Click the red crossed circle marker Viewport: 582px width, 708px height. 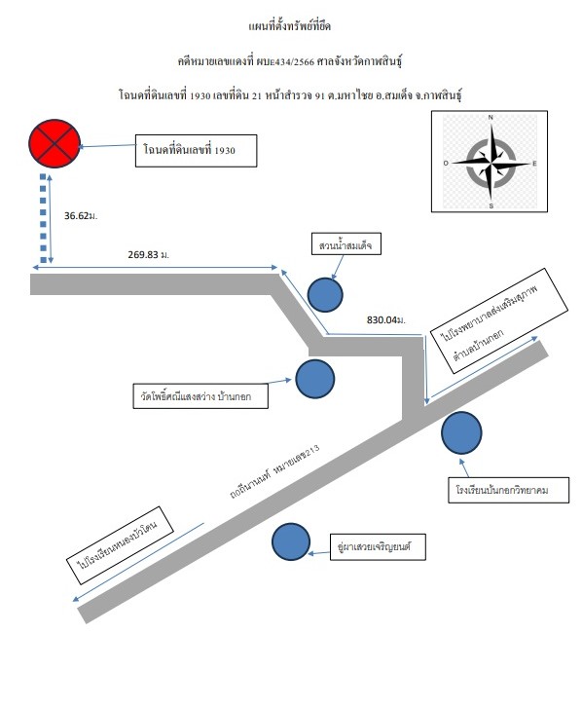55,143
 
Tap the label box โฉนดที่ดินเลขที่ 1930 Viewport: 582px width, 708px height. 197,150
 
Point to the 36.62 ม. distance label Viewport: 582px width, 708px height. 81,216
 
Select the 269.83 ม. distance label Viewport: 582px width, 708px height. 149,254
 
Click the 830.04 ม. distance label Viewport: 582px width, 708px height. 386,320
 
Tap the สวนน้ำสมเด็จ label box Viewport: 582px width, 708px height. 346,243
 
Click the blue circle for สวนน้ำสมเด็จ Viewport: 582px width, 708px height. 325,295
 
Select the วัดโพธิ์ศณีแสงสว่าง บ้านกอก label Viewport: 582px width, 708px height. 200,396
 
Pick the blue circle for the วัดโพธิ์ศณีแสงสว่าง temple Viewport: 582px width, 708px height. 315,379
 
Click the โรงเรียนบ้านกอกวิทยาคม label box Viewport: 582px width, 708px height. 508,490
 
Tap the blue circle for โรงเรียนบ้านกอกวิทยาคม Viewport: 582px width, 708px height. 461,433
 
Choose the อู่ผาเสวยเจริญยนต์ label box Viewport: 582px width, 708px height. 378,546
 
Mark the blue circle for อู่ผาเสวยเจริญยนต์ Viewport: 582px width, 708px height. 291,541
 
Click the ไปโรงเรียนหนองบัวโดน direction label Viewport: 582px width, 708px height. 120,545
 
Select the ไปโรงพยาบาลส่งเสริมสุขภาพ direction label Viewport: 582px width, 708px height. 498,320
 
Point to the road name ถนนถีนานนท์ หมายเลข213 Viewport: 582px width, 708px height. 274,471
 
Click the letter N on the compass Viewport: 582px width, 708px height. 491,118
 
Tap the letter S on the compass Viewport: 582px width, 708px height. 491,205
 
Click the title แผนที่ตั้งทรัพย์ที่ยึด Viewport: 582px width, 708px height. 290,26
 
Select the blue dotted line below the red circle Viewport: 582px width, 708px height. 43,218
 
